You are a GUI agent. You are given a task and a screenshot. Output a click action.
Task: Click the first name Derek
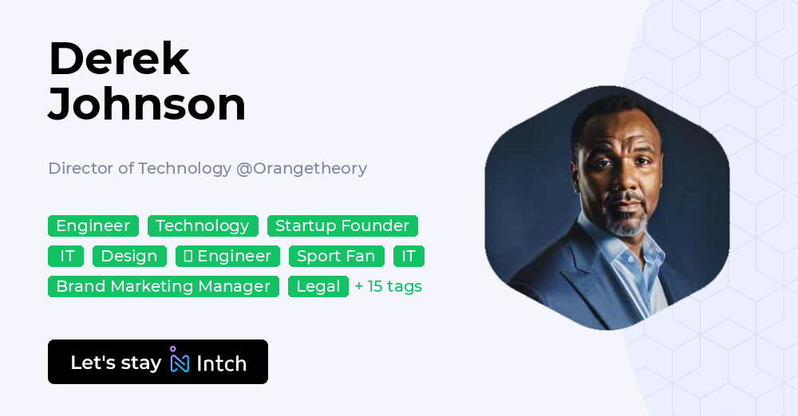point(119,59)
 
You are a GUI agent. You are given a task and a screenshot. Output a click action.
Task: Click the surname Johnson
point(147,104)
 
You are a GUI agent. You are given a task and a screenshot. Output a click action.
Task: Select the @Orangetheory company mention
point(302,168)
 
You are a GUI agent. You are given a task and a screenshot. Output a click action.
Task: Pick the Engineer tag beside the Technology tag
point(93,226)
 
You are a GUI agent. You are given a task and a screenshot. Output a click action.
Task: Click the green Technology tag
point(203,226)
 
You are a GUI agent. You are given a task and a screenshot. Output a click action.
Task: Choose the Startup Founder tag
point(342,226)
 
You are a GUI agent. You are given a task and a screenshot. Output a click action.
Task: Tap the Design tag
point(129,257)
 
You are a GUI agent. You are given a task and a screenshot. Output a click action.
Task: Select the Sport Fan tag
point(336,257)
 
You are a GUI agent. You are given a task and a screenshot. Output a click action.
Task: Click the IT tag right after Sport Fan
point(409,257)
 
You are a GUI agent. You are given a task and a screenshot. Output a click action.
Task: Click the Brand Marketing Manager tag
point(164,287)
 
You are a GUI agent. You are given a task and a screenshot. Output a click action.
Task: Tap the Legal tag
point(318,287)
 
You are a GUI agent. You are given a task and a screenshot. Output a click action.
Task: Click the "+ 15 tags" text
point(389,287)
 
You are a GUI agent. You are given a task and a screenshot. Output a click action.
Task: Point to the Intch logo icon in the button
point(180,361)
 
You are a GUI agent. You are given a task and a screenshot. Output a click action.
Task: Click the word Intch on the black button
point(221,363)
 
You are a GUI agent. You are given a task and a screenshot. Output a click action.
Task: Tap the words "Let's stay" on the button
point(116,363)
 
